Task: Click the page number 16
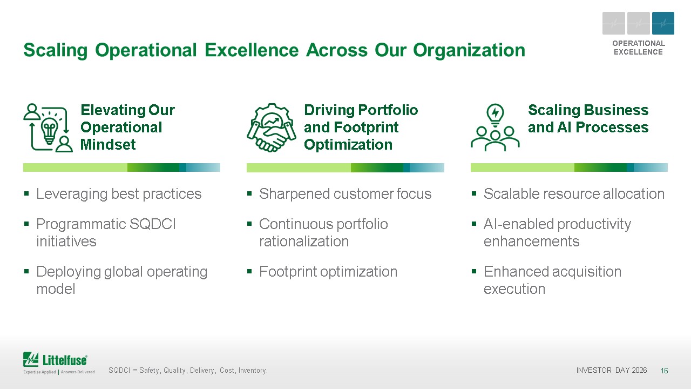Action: click(x=664, y=371)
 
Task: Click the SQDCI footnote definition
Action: click(x=188, y=370)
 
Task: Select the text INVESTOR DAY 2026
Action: click(x=612, y=370)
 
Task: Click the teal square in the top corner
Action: click(x=663, y=23)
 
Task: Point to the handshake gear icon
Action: click(x=272, y=128)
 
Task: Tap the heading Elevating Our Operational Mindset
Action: click(x=127, y=127)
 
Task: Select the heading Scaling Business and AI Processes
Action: click(x=588, y=118)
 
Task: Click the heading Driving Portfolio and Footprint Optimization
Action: click(x=361, y=127)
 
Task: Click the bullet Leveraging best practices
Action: click(x=119, y=194)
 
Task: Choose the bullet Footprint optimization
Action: click(x=328, y=272)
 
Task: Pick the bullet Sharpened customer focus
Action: click(x=345, y=194)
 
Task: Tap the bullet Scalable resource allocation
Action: click(x=574, y=194)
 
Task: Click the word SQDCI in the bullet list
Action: click(x=152, y=224)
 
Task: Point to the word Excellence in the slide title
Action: click(x=252, y=50)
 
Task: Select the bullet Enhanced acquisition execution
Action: click(x=552, y=280)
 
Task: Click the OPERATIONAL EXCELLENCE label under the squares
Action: click(x=639, y=48)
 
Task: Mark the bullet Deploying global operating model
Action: click(x=122, y=280)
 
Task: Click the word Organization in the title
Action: click(x=469, y=51)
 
